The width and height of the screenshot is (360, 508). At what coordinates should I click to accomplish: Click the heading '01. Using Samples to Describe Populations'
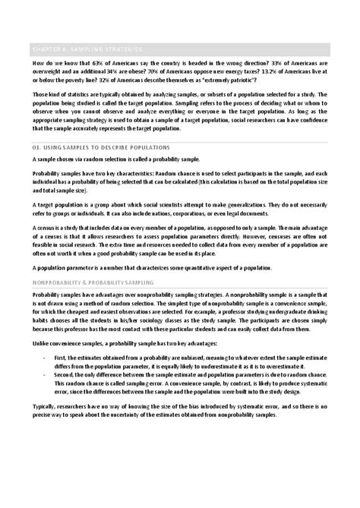(x=103, y=147)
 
